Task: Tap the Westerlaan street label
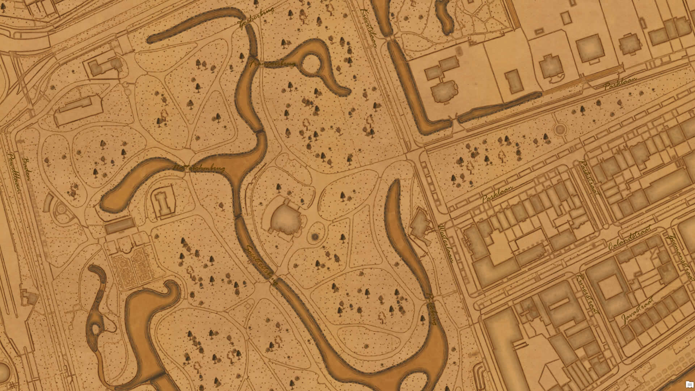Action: pyautogui.click(x=446, y=243)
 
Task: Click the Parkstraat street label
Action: pyautogui.click(x=589, y=177)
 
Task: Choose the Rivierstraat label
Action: pyautogui.click(x=587, y=293)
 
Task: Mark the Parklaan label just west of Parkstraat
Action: pyautogui.click(x=497, y=194)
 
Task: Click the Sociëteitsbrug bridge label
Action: pyautogui.click(x=262, y=265)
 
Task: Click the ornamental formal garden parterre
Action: pyautogui.click(x=132, y=266)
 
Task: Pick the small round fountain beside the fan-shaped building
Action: pyautogui.click(x=315, y=237)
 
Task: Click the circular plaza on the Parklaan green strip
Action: pyautogui.click(x=560, y=129)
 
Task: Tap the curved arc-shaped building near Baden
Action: pyautogui.click(x=48, y=202)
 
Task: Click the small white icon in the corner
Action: pyautogui.click(x=689, y=384)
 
